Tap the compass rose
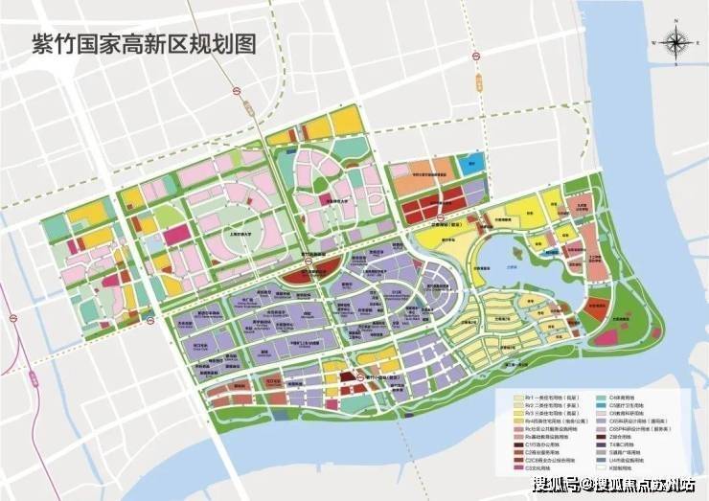[x=673, y=44]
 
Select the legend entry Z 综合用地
[x=618, y=438]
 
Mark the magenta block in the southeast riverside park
[x=606, y=336]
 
